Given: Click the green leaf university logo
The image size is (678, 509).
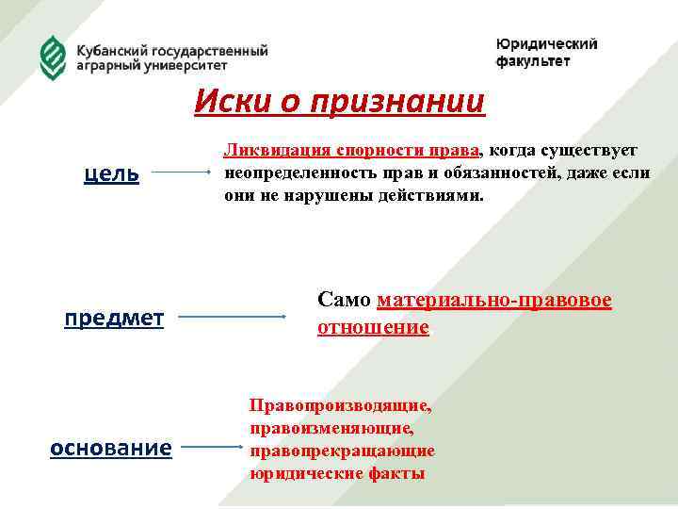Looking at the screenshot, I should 53,57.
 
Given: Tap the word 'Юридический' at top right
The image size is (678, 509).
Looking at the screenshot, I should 546,44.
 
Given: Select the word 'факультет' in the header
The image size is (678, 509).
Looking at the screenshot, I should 533,62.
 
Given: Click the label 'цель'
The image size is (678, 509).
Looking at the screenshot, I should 112,173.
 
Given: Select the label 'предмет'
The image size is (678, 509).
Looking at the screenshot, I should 114,318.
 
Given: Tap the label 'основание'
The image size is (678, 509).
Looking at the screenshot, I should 110,448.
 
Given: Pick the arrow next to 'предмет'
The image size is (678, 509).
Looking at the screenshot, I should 233,318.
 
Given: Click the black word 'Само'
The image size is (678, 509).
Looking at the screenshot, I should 345,301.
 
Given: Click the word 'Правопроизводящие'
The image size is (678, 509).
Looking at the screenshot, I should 340,406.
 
